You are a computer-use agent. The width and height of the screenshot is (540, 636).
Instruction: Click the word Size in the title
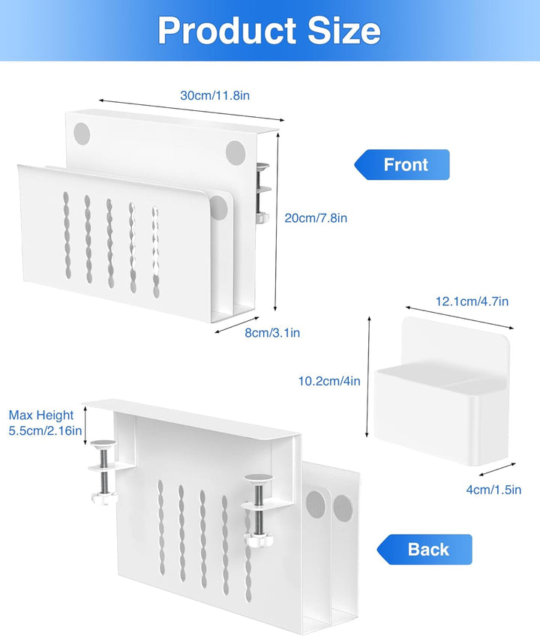pyautogui.click(x=340, y=31)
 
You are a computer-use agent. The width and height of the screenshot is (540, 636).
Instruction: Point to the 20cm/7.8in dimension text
pyautogui.click(x=316, y=218)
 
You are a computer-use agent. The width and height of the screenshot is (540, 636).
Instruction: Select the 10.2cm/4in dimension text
pyautogui.click(x=329, y=381)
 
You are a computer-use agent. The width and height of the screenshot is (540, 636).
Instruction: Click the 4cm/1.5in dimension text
pyautogui.click(x=493, y=490)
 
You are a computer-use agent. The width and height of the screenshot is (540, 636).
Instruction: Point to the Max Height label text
pyautogui.click(x=41, y=415)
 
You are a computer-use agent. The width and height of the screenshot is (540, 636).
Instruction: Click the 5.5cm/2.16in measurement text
pyautogui.click(x=45, y=431)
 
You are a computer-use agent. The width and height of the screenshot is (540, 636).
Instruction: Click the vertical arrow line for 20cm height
pyautogui.click(x=278, y=217)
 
